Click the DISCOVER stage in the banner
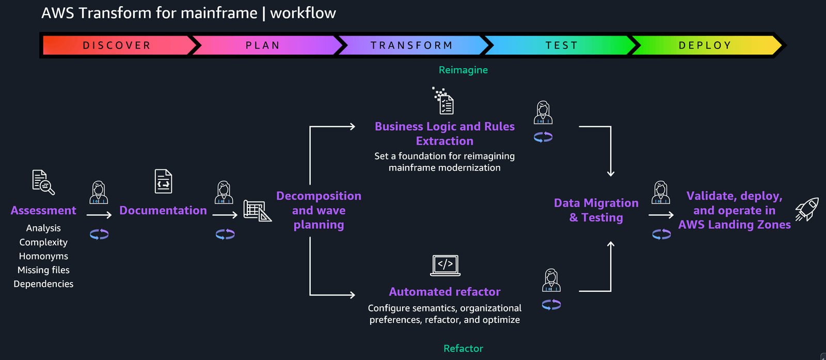point(117,45)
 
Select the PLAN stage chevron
point(263,45)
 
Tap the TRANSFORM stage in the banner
point(411,45)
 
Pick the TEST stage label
point(561,45)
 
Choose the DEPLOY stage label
point(705,45)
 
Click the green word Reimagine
point(463,70)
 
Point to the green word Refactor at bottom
point(463,349)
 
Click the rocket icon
point(807,209)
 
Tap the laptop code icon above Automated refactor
point(445,265)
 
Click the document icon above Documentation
point(163,181)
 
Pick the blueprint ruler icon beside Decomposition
point(257,211)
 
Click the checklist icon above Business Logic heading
point(443,101)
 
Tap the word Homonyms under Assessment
point(43,256)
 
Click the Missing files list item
point(43,270)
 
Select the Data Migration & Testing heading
point(596,210)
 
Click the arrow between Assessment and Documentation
point(99,215)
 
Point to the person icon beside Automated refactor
point(551,280)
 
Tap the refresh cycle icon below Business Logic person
point(543,137)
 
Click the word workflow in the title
point(303,13)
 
